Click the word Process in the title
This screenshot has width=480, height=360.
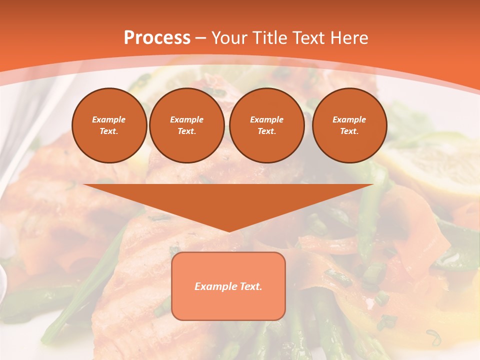click(157, 38)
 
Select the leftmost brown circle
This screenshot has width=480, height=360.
click(109, 125)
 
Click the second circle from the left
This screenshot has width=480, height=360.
click(186, 125)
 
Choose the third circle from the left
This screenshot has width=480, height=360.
click(266, 125)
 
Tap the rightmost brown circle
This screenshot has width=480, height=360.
click(349, 125)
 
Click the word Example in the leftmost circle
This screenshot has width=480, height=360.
click(109, 119)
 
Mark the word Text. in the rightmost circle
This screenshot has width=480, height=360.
click(349, 131)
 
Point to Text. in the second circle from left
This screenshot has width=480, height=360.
click(186, 131)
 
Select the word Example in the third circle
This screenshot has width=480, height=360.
click(266, 119)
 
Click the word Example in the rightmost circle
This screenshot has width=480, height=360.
click(349, 119)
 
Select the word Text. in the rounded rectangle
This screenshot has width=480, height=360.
click(251, 286)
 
